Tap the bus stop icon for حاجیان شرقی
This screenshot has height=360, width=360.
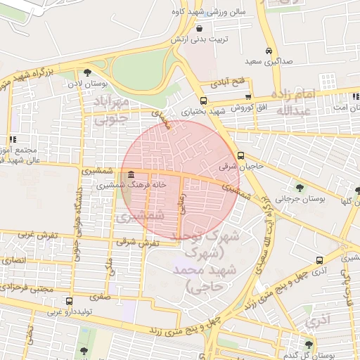click(241, 156)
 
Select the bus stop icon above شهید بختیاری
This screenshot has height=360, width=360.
click(203, 100)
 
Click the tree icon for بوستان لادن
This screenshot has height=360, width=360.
click(87, 72)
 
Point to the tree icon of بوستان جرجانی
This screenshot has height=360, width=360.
click(300, 187)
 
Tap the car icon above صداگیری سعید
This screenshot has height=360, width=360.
click(269, 51)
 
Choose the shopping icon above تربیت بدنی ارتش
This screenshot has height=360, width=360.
click(201, 28)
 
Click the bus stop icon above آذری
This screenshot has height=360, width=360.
click(319, 259)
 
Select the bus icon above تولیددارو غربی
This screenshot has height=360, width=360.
click(68, 301)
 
